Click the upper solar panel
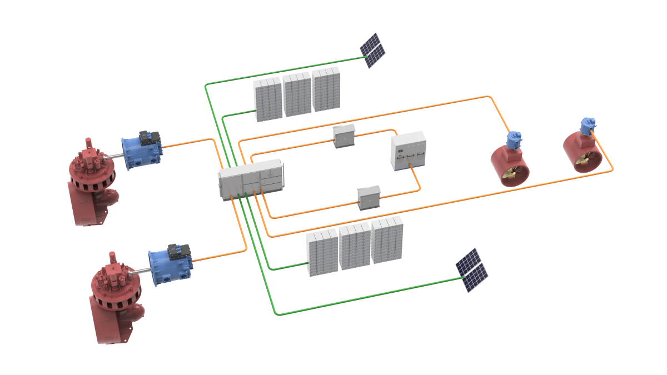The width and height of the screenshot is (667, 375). click(x=373, y=51)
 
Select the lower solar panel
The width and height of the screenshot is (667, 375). click(x=472, y=270)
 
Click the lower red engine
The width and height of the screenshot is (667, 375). click(x=115, y=300)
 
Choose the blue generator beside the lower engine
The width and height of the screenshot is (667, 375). click(x=171, y=264)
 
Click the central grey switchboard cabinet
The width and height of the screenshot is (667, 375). click(x=251, y=179)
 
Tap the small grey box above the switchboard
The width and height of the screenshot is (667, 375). click(x=344, y=136)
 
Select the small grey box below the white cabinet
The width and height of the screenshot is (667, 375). click(x=369, y=198)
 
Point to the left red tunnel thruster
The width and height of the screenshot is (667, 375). click(x=510, y=167)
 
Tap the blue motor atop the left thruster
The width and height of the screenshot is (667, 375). click(x=514, y=139)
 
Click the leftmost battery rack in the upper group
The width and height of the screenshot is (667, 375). click(x=268, y=99)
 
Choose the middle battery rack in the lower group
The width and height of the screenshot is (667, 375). click(x=355, y=246)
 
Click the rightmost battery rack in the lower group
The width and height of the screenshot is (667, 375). click(x=387, y=239)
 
